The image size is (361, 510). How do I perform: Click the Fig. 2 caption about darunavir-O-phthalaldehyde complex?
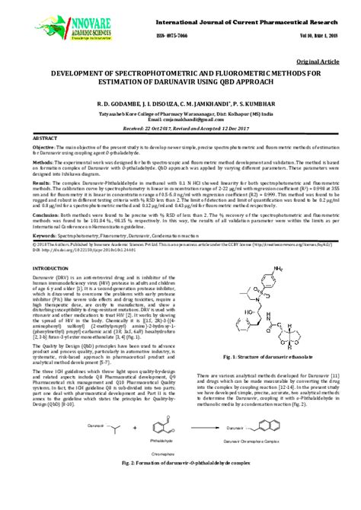click(180, 484)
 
